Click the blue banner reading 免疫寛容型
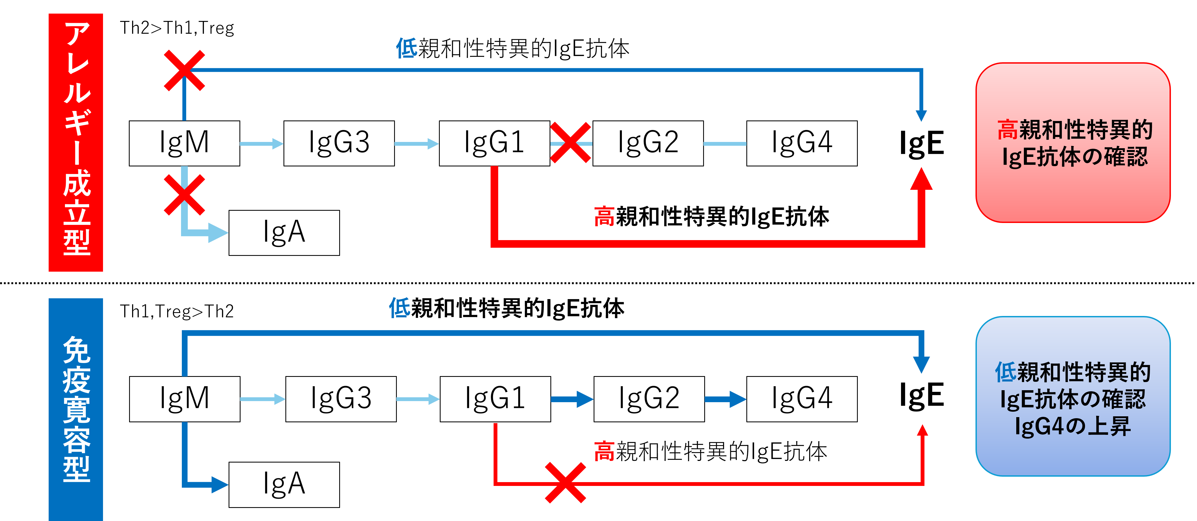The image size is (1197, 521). click(x=76, y=409)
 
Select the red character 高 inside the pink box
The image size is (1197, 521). click(x=1007, y=130)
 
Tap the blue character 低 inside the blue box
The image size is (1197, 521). click(x=1005, y=373)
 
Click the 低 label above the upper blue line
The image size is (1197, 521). click(x=407, y=48)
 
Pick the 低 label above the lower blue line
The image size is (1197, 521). click(x=400, y=308)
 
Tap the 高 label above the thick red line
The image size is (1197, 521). click(x=604, y=216)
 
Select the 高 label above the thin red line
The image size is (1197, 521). click(x=604, y=451)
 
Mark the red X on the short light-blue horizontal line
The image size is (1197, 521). click(x=570, y=143)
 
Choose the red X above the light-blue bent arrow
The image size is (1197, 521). click(x=185, y=195)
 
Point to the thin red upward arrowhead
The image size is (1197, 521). click(x=922, y=431)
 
